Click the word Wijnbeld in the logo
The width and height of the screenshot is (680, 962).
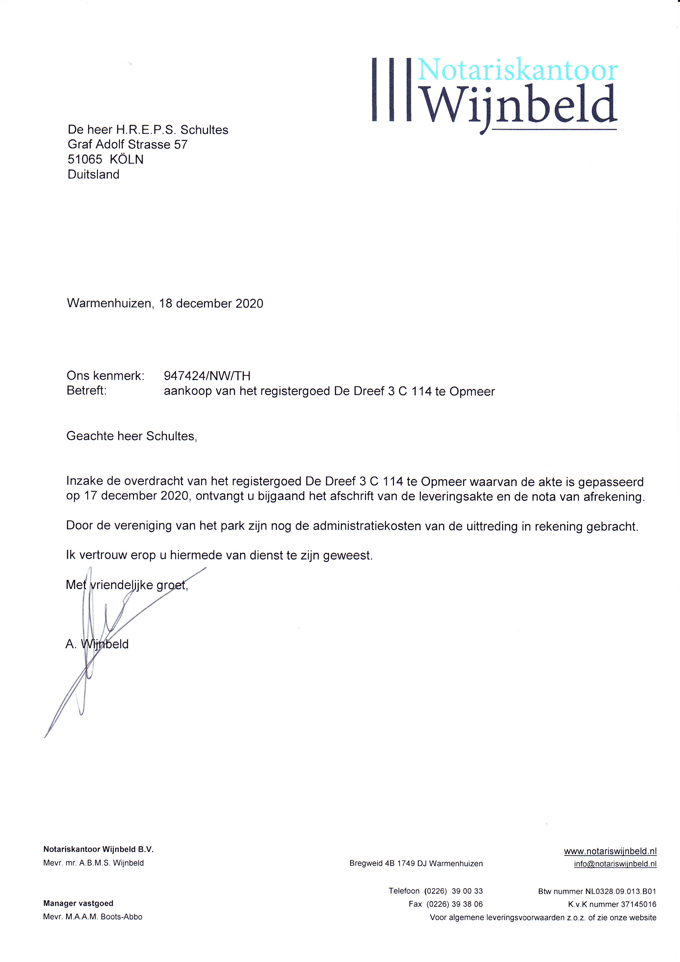[x=521, y=105]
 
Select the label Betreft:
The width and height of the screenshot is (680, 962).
[x=86, y=391]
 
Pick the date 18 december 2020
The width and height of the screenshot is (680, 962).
[x=211, y=303]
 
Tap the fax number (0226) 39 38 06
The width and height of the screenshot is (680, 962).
[x=454, y=904]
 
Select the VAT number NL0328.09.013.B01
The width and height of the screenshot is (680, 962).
[x=620, y=891]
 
